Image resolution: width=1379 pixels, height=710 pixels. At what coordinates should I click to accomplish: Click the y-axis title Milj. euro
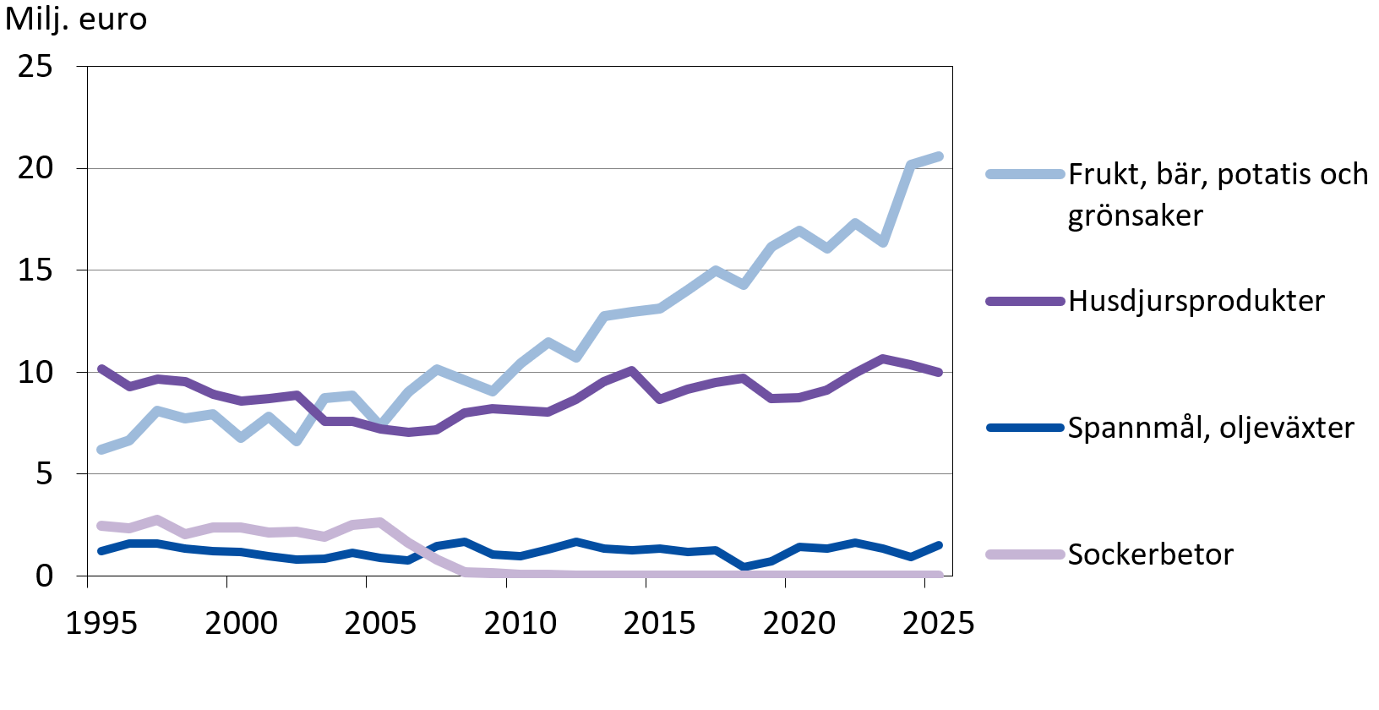click(x=76, y=19)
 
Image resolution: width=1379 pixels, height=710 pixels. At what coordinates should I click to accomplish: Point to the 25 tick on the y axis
click(x=35, y=66)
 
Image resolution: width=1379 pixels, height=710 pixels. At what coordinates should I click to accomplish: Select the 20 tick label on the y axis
click(x=35, y=168)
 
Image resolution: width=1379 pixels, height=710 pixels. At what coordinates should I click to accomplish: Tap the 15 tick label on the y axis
click(x=35, y=270)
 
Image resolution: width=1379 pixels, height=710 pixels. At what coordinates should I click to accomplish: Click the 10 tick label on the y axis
click(x=35, y=372)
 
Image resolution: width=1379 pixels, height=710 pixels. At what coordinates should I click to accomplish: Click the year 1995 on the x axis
click(x=101, y=624)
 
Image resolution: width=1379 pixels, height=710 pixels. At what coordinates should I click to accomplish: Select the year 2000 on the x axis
click(x=241, y=624)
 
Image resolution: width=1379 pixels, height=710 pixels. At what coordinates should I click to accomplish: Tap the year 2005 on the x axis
click(x=380, y=624)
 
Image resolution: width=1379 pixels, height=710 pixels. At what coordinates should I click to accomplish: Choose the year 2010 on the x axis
click(x=520, y=624)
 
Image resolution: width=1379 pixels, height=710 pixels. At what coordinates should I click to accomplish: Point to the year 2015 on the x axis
click(x=659, y=624)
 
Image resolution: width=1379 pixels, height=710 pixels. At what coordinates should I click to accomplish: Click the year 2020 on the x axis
click(x=799, y=624)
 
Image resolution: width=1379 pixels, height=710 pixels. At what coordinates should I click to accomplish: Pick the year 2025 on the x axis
click(x=938, y=624)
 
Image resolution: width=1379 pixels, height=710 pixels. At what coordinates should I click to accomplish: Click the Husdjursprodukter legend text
click(x=1196, y=301)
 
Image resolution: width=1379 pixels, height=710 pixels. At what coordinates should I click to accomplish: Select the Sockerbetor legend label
click(x=1150, y=554)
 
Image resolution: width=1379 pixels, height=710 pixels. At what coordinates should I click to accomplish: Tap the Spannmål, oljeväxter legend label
click(x=1210, y=428)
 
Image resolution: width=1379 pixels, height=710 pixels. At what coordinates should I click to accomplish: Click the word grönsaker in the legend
click(x=1135, y=216)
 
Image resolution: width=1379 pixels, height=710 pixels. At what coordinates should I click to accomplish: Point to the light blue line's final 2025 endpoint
click(x=939, y=156)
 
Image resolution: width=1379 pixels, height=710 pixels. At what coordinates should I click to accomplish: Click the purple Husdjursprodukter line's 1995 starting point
click(x=101, y=369)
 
